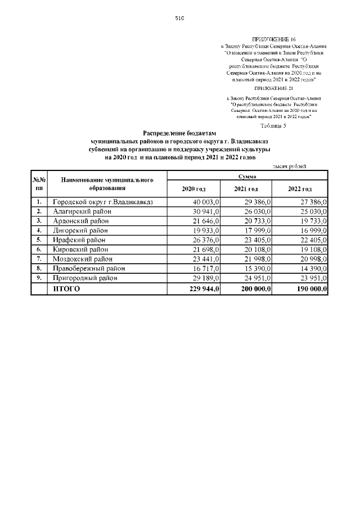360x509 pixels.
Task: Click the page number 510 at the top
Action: point(179,18)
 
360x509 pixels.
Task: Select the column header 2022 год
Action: point(299,188)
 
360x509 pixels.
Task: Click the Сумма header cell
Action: point(247,176)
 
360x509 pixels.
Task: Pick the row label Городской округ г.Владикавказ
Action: point(102,201)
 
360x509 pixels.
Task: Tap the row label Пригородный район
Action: point(86,278)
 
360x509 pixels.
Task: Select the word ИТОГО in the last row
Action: point(66,289)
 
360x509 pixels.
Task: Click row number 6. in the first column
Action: point(39,249)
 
